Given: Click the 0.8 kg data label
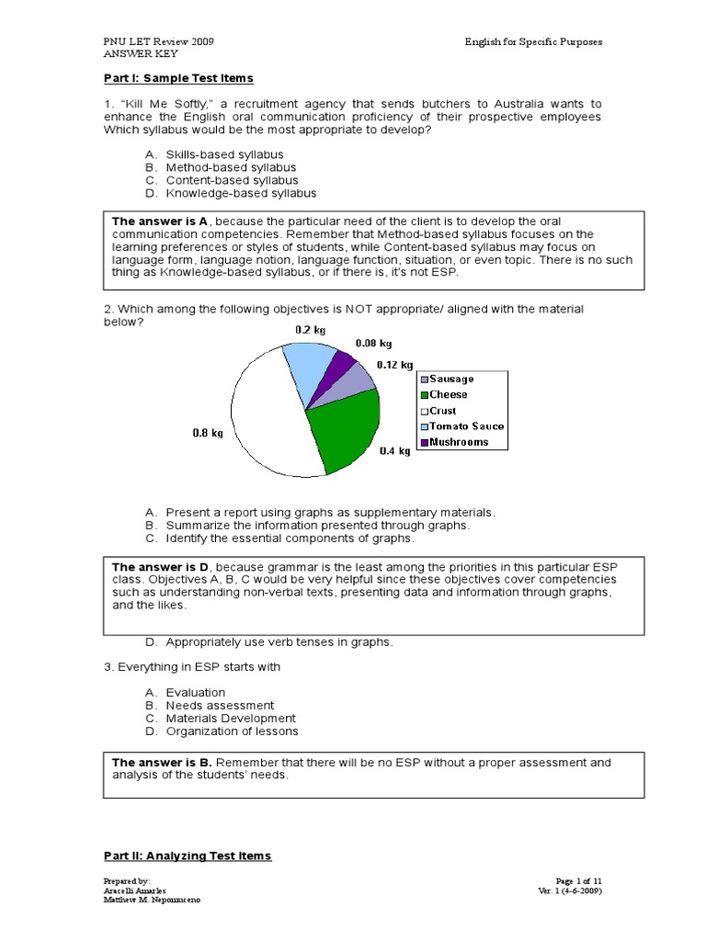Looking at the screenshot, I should pyautogui.click(x=202, y=431).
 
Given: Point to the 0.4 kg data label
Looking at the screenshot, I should pyautogui.click(x=394, y=451).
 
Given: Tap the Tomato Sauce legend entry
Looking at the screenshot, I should pyautogui.click(x=461, y=426).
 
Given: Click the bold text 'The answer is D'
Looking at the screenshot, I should pyautogui.click(x=160, y=567).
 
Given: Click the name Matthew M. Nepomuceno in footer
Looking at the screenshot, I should pyautogui.click(x=151, y=900).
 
